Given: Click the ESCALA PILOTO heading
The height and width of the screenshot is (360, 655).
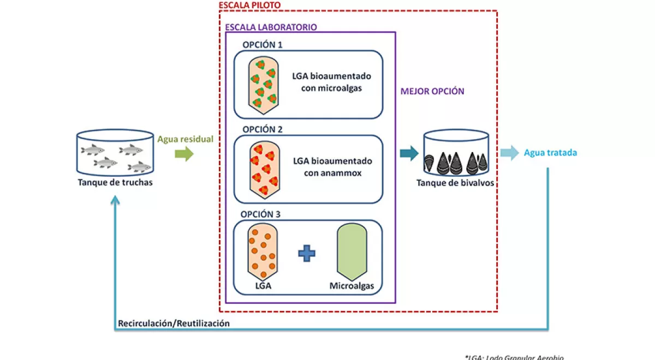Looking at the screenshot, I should [249, 5].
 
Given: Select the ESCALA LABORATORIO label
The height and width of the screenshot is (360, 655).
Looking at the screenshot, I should [271, 27].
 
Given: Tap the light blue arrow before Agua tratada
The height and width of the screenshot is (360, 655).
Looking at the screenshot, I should [509, 153].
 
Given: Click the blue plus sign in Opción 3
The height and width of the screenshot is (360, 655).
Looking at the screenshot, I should [307, 253].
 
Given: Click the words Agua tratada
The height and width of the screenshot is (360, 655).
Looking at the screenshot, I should [550, 153].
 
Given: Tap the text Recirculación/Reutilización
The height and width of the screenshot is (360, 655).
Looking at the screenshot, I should [174, 323].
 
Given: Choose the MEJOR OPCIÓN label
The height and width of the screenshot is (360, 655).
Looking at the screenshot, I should [432, 91].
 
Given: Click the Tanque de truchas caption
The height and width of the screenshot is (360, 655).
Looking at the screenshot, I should [115, 182].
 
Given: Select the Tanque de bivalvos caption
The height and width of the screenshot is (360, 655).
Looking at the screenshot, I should [455, 183].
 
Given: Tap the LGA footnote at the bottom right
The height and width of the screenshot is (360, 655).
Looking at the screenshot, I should [514, 357].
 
